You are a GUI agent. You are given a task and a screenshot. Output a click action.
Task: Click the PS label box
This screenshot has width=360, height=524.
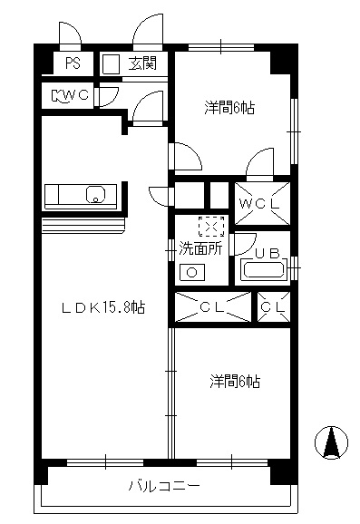click(71, 63)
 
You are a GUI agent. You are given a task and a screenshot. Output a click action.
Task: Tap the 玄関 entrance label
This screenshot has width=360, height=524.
click(141, 63)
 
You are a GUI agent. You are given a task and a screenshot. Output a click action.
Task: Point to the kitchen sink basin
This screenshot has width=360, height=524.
click(95, 193)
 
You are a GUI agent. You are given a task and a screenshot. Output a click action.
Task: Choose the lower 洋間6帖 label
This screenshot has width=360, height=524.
click(234, 382)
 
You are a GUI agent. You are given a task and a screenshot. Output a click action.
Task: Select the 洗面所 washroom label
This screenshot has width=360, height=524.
click(199, 247)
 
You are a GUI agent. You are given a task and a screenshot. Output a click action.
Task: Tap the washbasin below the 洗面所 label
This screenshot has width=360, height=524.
click(191, 272)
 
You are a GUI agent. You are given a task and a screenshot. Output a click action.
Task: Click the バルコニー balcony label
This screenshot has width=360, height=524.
click(163, 486)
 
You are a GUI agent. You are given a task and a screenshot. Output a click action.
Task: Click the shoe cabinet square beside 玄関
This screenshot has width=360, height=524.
click(111, 63)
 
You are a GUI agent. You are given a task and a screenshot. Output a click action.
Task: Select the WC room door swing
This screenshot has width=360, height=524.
click(109, 96)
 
